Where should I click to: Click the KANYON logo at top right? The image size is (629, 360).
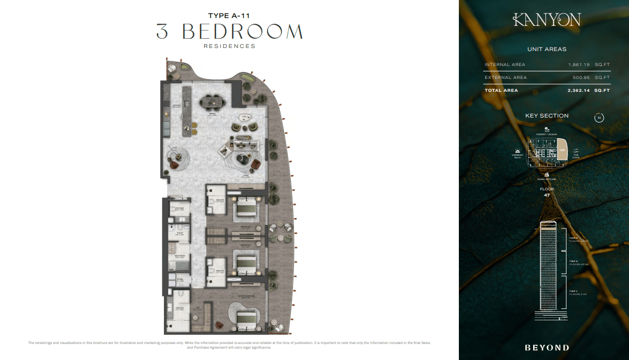point(547,20)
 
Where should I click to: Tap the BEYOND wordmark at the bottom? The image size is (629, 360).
point(547,348)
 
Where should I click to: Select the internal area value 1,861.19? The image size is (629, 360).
point(577,64)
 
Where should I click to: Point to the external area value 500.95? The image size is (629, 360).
point(579,77)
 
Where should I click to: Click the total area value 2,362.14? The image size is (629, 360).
point(577,90)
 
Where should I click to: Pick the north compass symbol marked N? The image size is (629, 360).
point(599,118)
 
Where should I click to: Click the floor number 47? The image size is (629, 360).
point(547,195)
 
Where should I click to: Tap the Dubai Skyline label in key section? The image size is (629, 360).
point(547,179)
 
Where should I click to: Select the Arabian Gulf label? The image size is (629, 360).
point(518,156)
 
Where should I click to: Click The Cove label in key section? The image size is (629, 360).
point(576,156)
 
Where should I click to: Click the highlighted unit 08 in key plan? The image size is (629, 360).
point(562,151)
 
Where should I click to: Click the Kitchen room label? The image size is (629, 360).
point(177,105)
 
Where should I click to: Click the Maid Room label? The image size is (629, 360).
point(179,256)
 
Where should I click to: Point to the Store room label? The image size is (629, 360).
point(180,280)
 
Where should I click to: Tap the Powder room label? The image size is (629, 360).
point(179,208)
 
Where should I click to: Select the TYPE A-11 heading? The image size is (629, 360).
point(229,15)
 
